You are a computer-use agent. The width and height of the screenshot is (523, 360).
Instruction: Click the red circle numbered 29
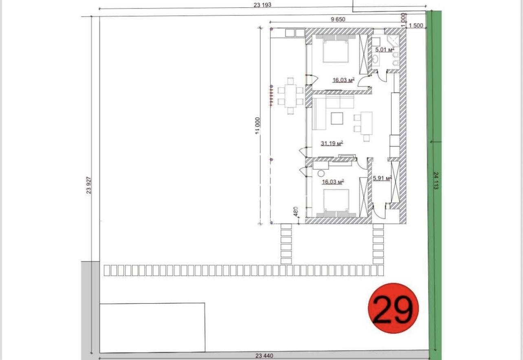pos(393,308)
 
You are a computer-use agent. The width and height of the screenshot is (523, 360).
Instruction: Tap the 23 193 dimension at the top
pos(262,4)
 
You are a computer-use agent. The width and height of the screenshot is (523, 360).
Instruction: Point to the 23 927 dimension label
pos(89,185)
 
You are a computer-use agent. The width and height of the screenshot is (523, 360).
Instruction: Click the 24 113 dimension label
pos(436,181)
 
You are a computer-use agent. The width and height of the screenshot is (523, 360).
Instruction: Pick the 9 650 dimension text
pos(338,20)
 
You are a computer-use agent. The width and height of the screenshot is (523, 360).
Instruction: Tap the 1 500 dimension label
pos(416,25)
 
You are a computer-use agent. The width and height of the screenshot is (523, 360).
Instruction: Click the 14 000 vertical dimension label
pos(257,126)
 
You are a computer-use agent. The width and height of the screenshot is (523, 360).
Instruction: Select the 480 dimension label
pos(296,212)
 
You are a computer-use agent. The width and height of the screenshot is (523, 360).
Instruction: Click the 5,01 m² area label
pos(385,50)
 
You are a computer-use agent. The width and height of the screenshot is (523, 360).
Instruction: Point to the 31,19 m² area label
pos(332,143)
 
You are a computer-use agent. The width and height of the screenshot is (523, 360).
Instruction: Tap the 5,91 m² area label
pos(382,178)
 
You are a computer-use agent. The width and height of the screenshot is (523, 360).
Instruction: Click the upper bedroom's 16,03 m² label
pos(344,80)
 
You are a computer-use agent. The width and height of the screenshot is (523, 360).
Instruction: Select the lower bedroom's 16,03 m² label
pos(333,182)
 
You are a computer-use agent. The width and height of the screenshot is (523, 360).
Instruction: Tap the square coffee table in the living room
pos(337,118)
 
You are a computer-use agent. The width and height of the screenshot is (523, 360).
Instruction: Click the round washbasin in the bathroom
pos(376,59)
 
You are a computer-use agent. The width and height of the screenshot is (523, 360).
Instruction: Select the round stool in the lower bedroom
pos(321,173)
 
